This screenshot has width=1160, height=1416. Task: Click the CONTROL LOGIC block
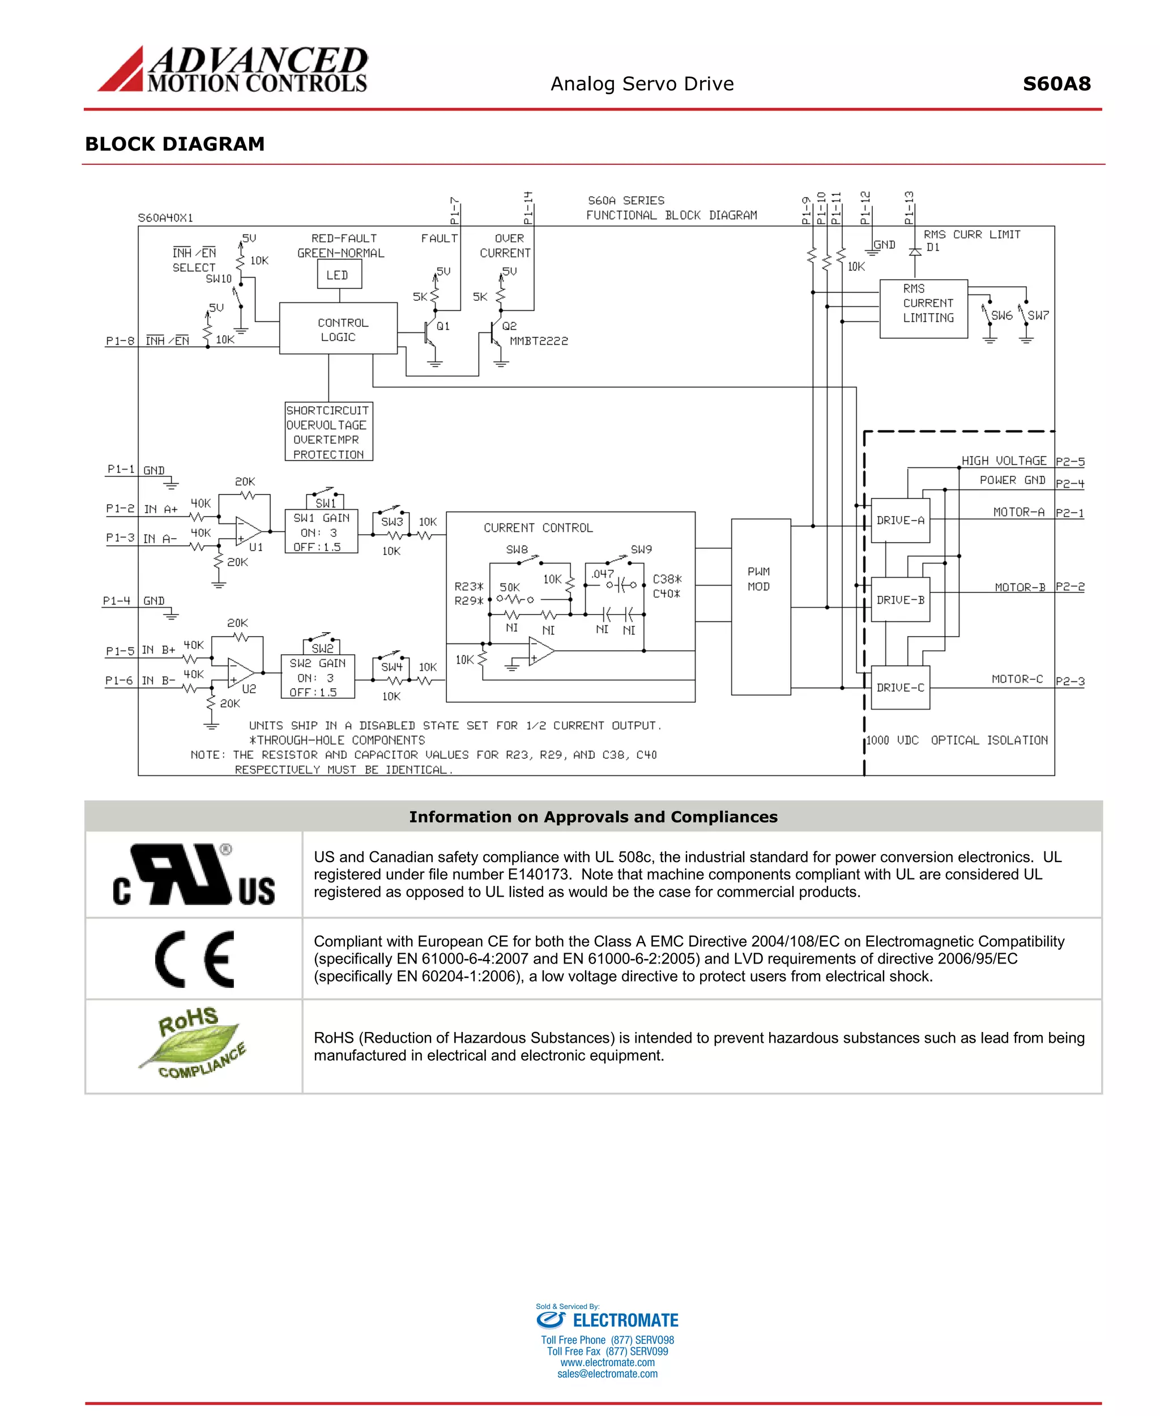pyautogui.click(x=338, y=329)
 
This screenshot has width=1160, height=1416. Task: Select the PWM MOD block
pyautogui.click(x=761, y=607)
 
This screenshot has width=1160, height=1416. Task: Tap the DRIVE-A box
pyautogui.click(x=900, y=521)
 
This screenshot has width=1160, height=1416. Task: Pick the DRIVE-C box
pyautogui.click(x=900, y=688)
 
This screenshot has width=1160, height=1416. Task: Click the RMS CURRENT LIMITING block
pyautogui.click(x=923, y=309)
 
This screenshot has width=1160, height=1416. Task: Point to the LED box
pyautogui.click(x=339, y=275)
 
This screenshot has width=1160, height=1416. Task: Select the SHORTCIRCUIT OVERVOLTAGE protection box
pyautogui.click(x=328, y=432)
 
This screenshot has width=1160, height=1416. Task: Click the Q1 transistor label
pyautogui.click(x=442, y=326)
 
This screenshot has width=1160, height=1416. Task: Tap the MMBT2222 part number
pyautogui.click(x=539, y=341)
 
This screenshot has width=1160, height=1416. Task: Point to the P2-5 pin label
pyautogui.click(x=1069, y=462)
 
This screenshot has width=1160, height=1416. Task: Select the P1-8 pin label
pyautogui.click(x=120, y=341)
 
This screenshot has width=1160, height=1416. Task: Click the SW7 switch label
pyautogui.click(x=1038, y=315)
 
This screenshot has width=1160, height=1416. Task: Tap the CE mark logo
pyautogui.click(x=194, y=959)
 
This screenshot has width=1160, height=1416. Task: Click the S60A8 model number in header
pyautogui.click(x=1056, y=83)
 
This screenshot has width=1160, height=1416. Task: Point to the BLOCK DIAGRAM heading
pyautogui.click(x=175, y=144)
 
